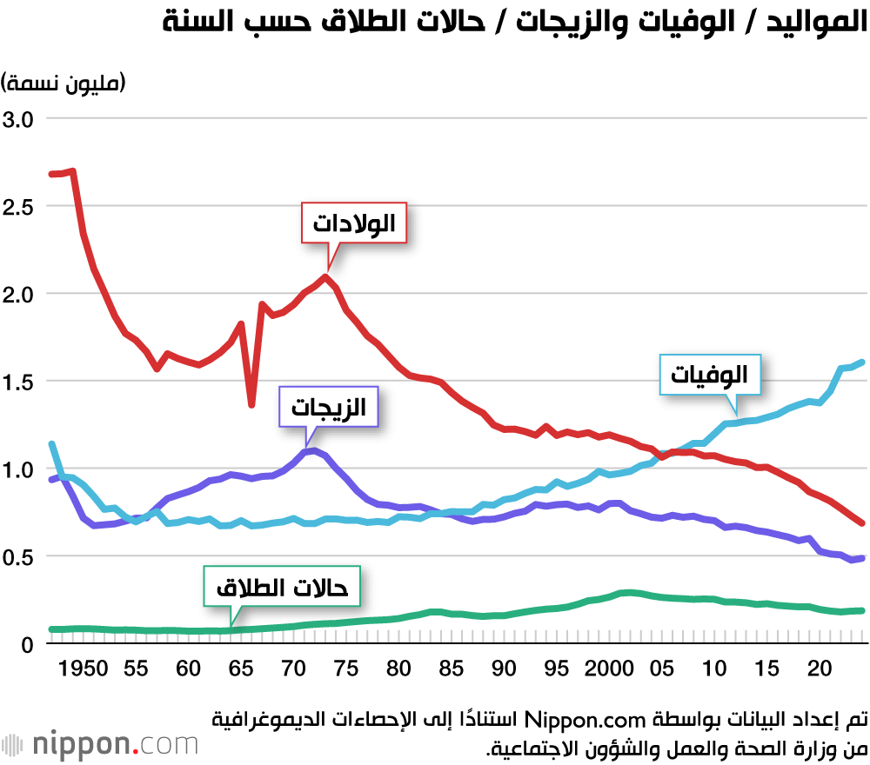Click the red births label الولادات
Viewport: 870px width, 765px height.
pos(354,224)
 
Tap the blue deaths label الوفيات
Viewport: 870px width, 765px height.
pos(710,376)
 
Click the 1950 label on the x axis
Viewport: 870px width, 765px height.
pos(84,669)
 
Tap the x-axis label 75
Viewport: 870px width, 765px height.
pos(346,669)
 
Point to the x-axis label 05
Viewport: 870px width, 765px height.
pos(662,669)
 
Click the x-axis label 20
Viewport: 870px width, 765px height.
pos(819,669)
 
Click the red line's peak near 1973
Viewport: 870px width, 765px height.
pos(325,277)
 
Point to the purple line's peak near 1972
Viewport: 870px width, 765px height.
pos(313,450)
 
